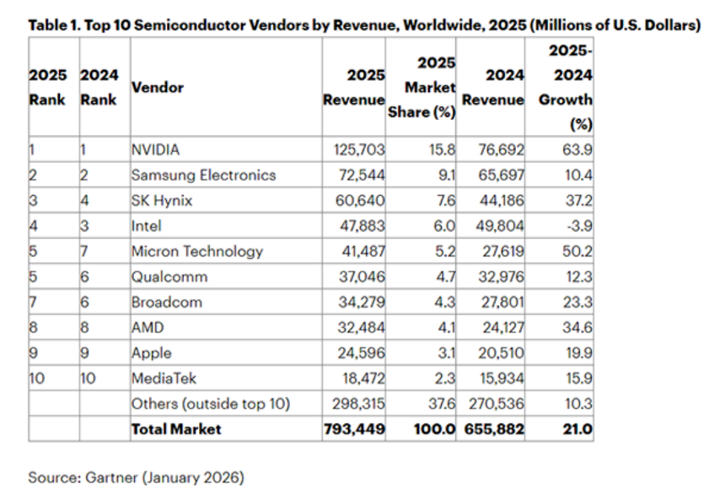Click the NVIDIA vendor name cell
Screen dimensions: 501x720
tap(156, 150)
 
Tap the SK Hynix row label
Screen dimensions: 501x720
tap(162, 201)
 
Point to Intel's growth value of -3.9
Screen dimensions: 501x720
tap(578, 226)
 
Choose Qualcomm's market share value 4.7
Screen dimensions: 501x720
tap(444, 277)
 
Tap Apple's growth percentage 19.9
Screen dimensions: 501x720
tap(578, 353)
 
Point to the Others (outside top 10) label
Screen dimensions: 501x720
tap(210, 404)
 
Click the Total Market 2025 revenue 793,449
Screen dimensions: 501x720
tap(355, 429)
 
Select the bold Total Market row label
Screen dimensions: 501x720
tap(176, 429)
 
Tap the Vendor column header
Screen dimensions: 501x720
tap(157, 87)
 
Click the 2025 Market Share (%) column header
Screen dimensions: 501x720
tap(423, 88)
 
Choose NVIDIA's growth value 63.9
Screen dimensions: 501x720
tap(578, 150)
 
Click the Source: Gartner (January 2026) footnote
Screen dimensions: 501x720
tap(136, 477)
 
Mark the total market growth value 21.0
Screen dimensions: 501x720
tap(578, 429)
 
